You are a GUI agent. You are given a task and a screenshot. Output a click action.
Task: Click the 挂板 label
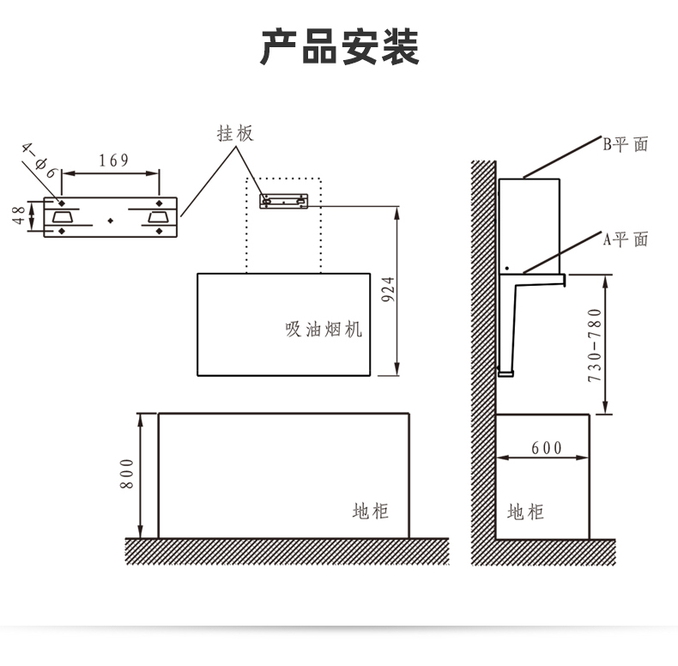point(235,134)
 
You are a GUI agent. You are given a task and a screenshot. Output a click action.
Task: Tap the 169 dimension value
point(113,160)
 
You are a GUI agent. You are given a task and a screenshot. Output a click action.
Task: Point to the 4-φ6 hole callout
point(39,160)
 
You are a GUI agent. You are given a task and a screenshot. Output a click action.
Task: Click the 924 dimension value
point(387,291)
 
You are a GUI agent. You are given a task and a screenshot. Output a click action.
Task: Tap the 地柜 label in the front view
point(371,512)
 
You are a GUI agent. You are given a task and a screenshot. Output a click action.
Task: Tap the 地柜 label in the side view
point(525,512)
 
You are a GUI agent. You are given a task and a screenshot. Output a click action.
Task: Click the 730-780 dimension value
point(595,346)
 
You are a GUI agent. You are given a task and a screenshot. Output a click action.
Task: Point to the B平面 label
point(626,144)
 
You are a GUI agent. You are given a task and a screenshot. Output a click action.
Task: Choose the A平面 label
point(626,239)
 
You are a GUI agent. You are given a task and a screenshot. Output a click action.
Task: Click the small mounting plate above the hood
point(283,201)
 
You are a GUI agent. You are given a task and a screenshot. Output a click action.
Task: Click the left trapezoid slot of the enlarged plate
point(62,216)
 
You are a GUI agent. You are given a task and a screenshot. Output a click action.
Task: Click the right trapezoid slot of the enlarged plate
point(159,216)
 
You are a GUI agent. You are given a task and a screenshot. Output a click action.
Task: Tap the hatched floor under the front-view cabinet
point(288,551)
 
